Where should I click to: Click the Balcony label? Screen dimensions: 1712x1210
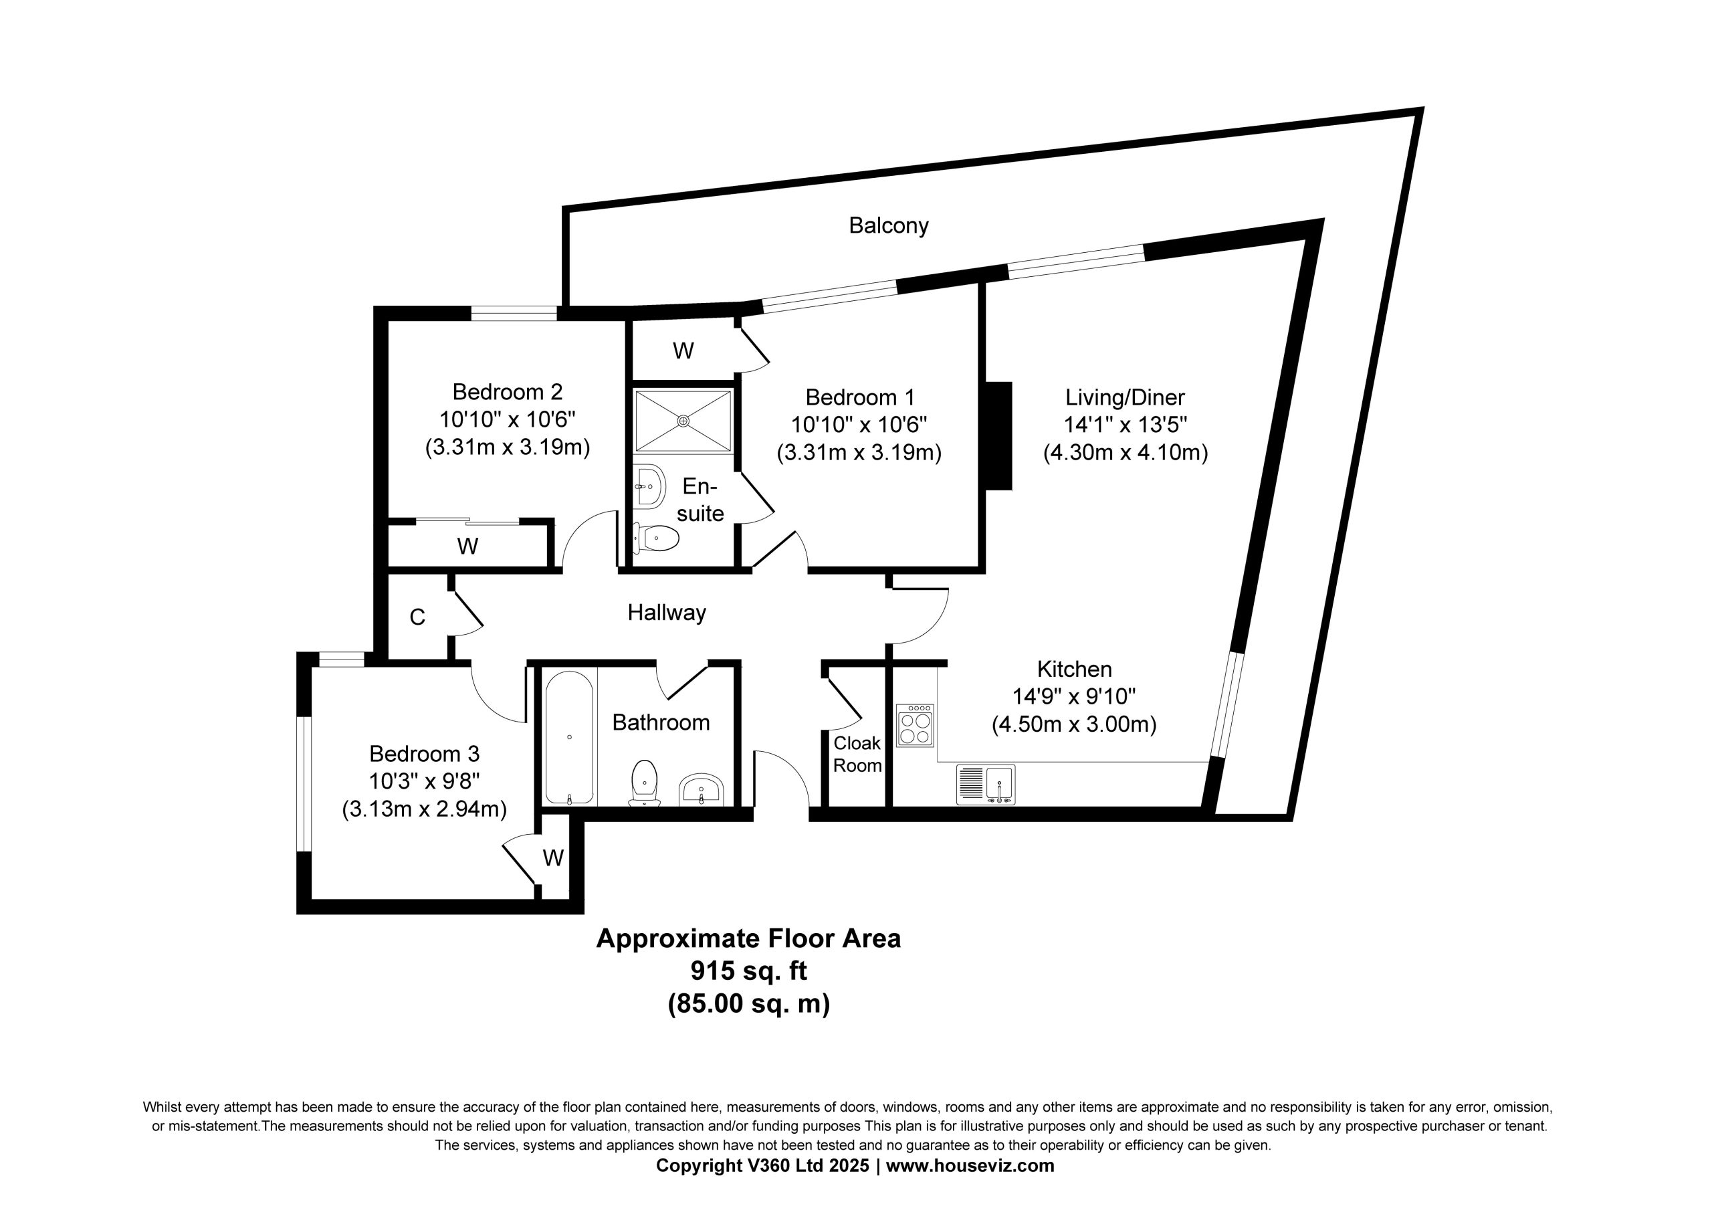pos(888,225)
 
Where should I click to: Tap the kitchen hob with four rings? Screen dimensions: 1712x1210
pos(915,725)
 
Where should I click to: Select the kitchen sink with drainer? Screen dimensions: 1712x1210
pos(985,785)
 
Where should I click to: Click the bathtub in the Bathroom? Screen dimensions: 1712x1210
pos(570,736)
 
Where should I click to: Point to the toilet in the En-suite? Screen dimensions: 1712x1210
pos(656,537)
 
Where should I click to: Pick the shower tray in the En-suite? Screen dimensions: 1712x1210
pos(683,421)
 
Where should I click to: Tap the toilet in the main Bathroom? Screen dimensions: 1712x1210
pos(643,782)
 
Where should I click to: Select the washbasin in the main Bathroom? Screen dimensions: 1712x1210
pos(701,790)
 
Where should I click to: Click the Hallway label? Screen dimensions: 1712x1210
pos(667,613)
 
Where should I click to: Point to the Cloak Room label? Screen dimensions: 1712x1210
pos(857,754)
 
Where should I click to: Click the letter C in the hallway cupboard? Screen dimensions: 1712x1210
pos(417,617)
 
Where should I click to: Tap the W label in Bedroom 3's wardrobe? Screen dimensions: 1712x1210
pos(553,858)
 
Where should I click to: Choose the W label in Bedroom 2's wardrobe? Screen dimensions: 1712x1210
pos(467,547)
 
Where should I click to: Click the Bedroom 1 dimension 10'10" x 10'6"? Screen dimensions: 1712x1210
pos(859,425)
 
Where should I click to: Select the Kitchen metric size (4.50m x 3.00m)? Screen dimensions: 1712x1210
pos(1074,724)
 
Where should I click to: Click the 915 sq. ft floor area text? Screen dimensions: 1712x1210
pos(748,971)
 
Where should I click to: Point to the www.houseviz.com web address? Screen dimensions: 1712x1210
pos(970,1165)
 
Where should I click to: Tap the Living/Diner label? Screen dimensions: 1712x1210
pos(1126,397)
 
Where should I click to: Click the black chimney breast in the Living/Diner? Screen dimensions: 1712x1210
pos(999,435)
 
